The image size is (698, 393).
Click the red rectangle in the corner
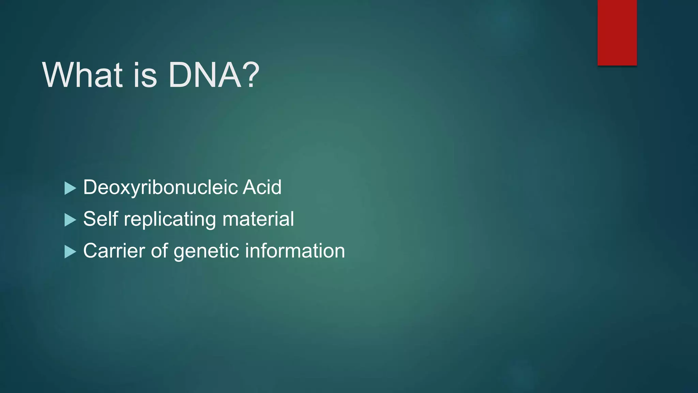(x=617, y=32)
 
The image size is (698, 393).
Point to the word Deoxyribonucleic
(x=160, y=188)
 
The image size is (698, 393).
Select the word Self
(x=101, y=219)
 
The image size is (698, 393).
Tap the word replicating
(x=170, y=219)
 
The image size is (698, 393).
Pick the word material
(x=258, y=219)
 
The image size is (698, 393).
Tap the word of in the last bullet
(x=159, y=251)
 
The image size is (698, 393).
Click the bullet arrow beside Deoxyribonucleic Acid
(x=70, y=188)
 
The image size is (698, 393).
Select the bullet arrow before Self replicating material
(x=70, y=220)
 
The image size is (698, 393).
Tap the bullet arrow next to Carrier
(x=70, y=252)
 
